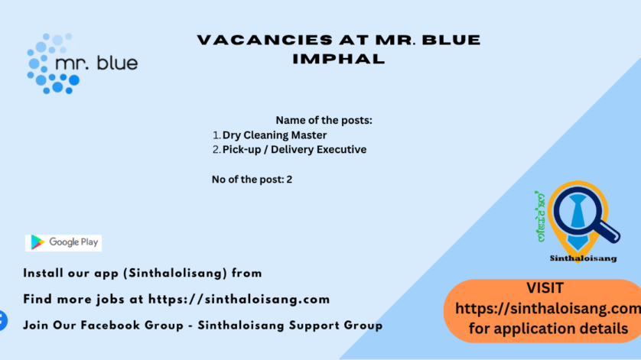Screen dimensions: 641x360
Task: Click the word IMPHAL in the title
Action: coord(339,59)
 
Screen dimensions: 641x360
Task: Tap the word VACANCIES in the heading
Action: coord(264,40)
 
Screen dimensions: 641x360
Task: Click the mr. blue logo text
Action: coord(96,63)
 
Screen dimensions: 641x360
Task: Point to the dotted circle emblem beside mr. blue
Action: coord(53,63)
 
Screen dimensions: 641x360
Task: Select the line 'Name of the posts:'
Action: coord(324,120)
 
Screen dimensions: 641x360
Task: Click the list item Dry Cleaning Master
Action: coord(275,135)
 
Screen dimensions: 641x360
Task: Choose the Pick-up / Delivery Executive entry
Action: coord(294,150)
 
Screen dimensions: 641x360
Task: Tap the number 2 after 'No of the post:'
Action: coord(289,180)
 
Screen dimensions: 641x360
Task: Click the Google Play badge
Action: coord(63,243)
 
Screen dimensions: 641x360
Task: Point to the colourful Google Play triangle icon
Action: coord(37,242)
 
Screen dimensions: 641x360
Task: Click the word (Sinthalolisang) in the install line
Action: coord(175,274)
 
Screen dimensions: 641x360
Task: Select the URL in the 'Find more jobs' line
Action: coord(239,300)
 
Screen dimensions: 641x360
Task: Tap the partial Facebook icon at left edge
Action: coord(2,321)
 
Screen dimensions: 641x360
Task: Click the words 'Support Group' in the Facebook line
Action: coord(336,326)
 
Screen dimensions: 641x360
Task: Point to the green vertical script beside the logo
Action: coord(541,216)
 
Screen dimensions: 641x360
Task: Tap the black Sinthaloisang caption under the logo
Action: coord(584,258)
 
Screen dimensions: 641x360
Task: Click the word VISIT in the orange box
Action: coord(545,288)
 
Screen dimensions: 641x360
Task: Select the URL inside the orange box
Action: coord(548,309)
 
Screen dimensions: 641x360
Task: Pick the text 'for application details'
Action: coord(548,329)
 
